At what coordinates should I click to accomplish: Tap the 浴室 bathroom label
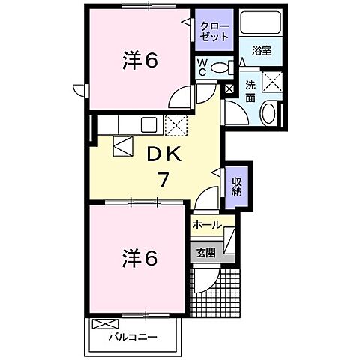pyautogui.click(x=262, y=51)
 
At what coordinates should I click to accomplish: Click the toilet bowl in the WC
pyautogui.click(x=220, y=67)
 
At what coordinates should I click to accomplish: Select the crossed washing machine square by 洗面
pyautogui.click(x=272, y=82)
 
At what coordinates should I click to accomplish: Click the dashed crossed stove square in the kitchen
pyautogui.click(x=175, y=125)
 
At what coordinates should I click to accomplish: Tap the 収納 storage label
pyautogui.click(x=236, y=184)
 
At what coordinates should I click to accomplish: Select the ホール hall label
pyautogui.click(x=206, y=225)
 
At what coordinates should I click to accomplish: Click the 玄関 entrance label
pyautogui.click(x=205, y=252)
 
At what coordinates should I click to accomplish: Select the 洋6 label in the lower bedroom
pyautogui.click(x=139, y=259)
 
